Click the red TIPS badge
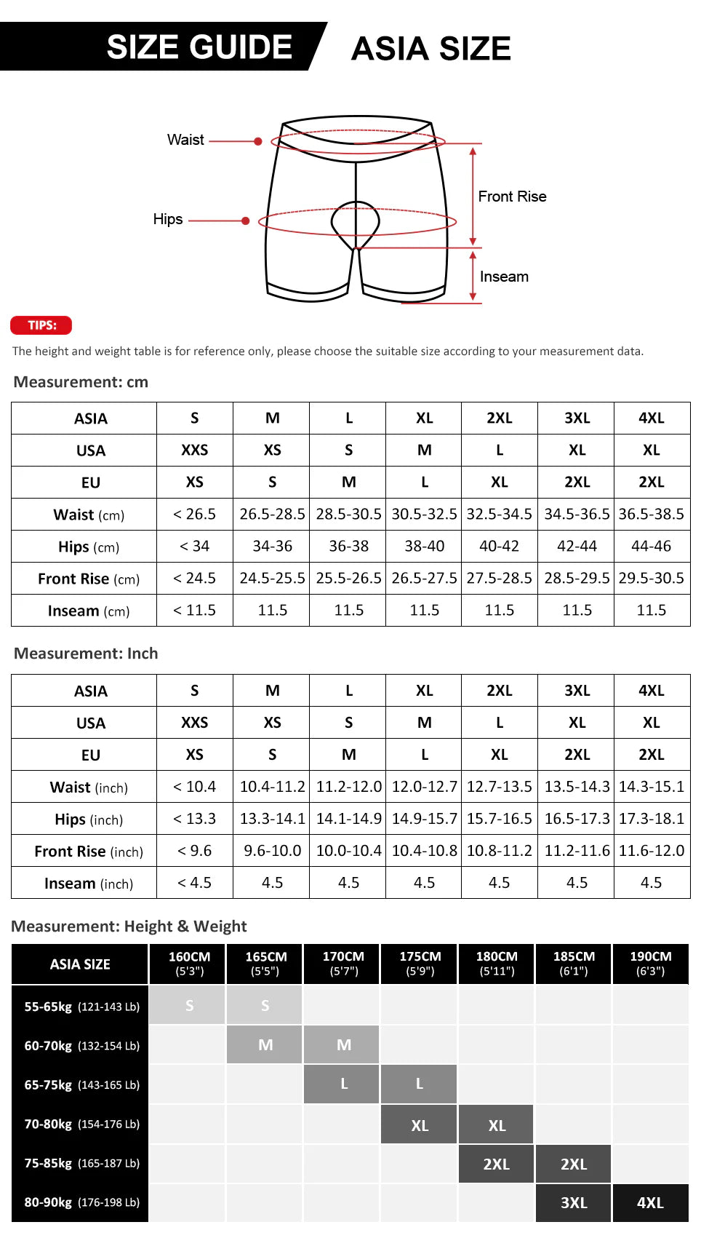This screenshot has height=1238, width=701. click(41, 325)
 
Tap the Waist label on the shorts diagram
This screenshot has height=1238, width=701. click(185, 140)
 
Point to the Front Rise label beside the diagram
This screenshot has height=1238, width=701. click(512, 197)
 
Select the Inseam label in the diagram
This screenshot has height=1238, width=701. click(504, 277)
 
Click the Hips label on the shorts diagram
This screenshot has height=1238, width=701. click(168, 219)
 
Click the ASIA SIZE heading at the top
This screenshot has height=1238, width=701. click(430, 49)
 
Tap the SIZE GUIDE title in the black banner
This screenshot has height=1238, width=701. click(199, 47)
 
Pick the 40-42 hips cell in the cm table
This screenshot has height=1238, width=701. click(499, 546)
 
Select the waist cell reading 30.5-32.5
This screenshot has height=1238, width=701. click(424, 514)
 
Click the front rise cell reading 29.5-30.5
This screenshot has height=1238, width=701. click(651, 578)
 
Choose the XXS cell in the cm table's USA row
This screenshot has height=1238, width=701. click(194, 450)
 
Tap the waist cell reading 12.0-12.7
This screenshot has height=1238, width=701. click(424, 787)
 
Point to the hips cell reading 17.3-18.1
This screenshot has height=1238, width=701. click(651, 819)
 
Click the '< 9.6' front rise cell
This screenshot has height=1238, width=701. click(194, 851)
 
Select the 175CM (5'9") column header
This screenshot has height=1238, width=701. click(420, 964)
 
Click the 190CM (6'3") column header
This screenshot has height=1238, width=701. click(650, 964)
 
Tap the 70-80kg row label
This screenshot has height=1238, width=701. click(81, 1124)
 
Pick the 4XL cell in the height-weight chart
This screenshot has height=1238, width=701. click(650, 1203)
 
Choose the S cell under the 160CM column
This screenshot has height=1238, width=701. click(189, 1006)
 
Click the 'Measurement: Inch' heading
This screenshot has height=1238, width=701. click(86, 654)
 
